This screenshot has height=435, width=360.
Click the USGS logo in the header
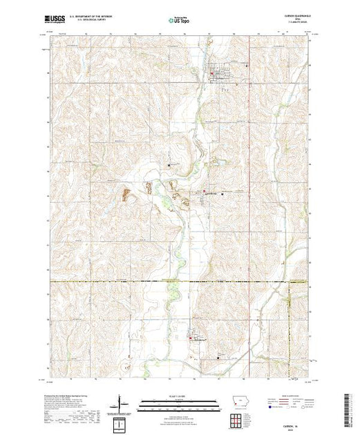(57, 21)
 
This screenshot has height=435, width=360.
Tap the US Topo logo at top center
(180, 21)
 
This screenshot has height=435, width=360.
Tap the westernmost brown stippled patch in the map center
(126, 195)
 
